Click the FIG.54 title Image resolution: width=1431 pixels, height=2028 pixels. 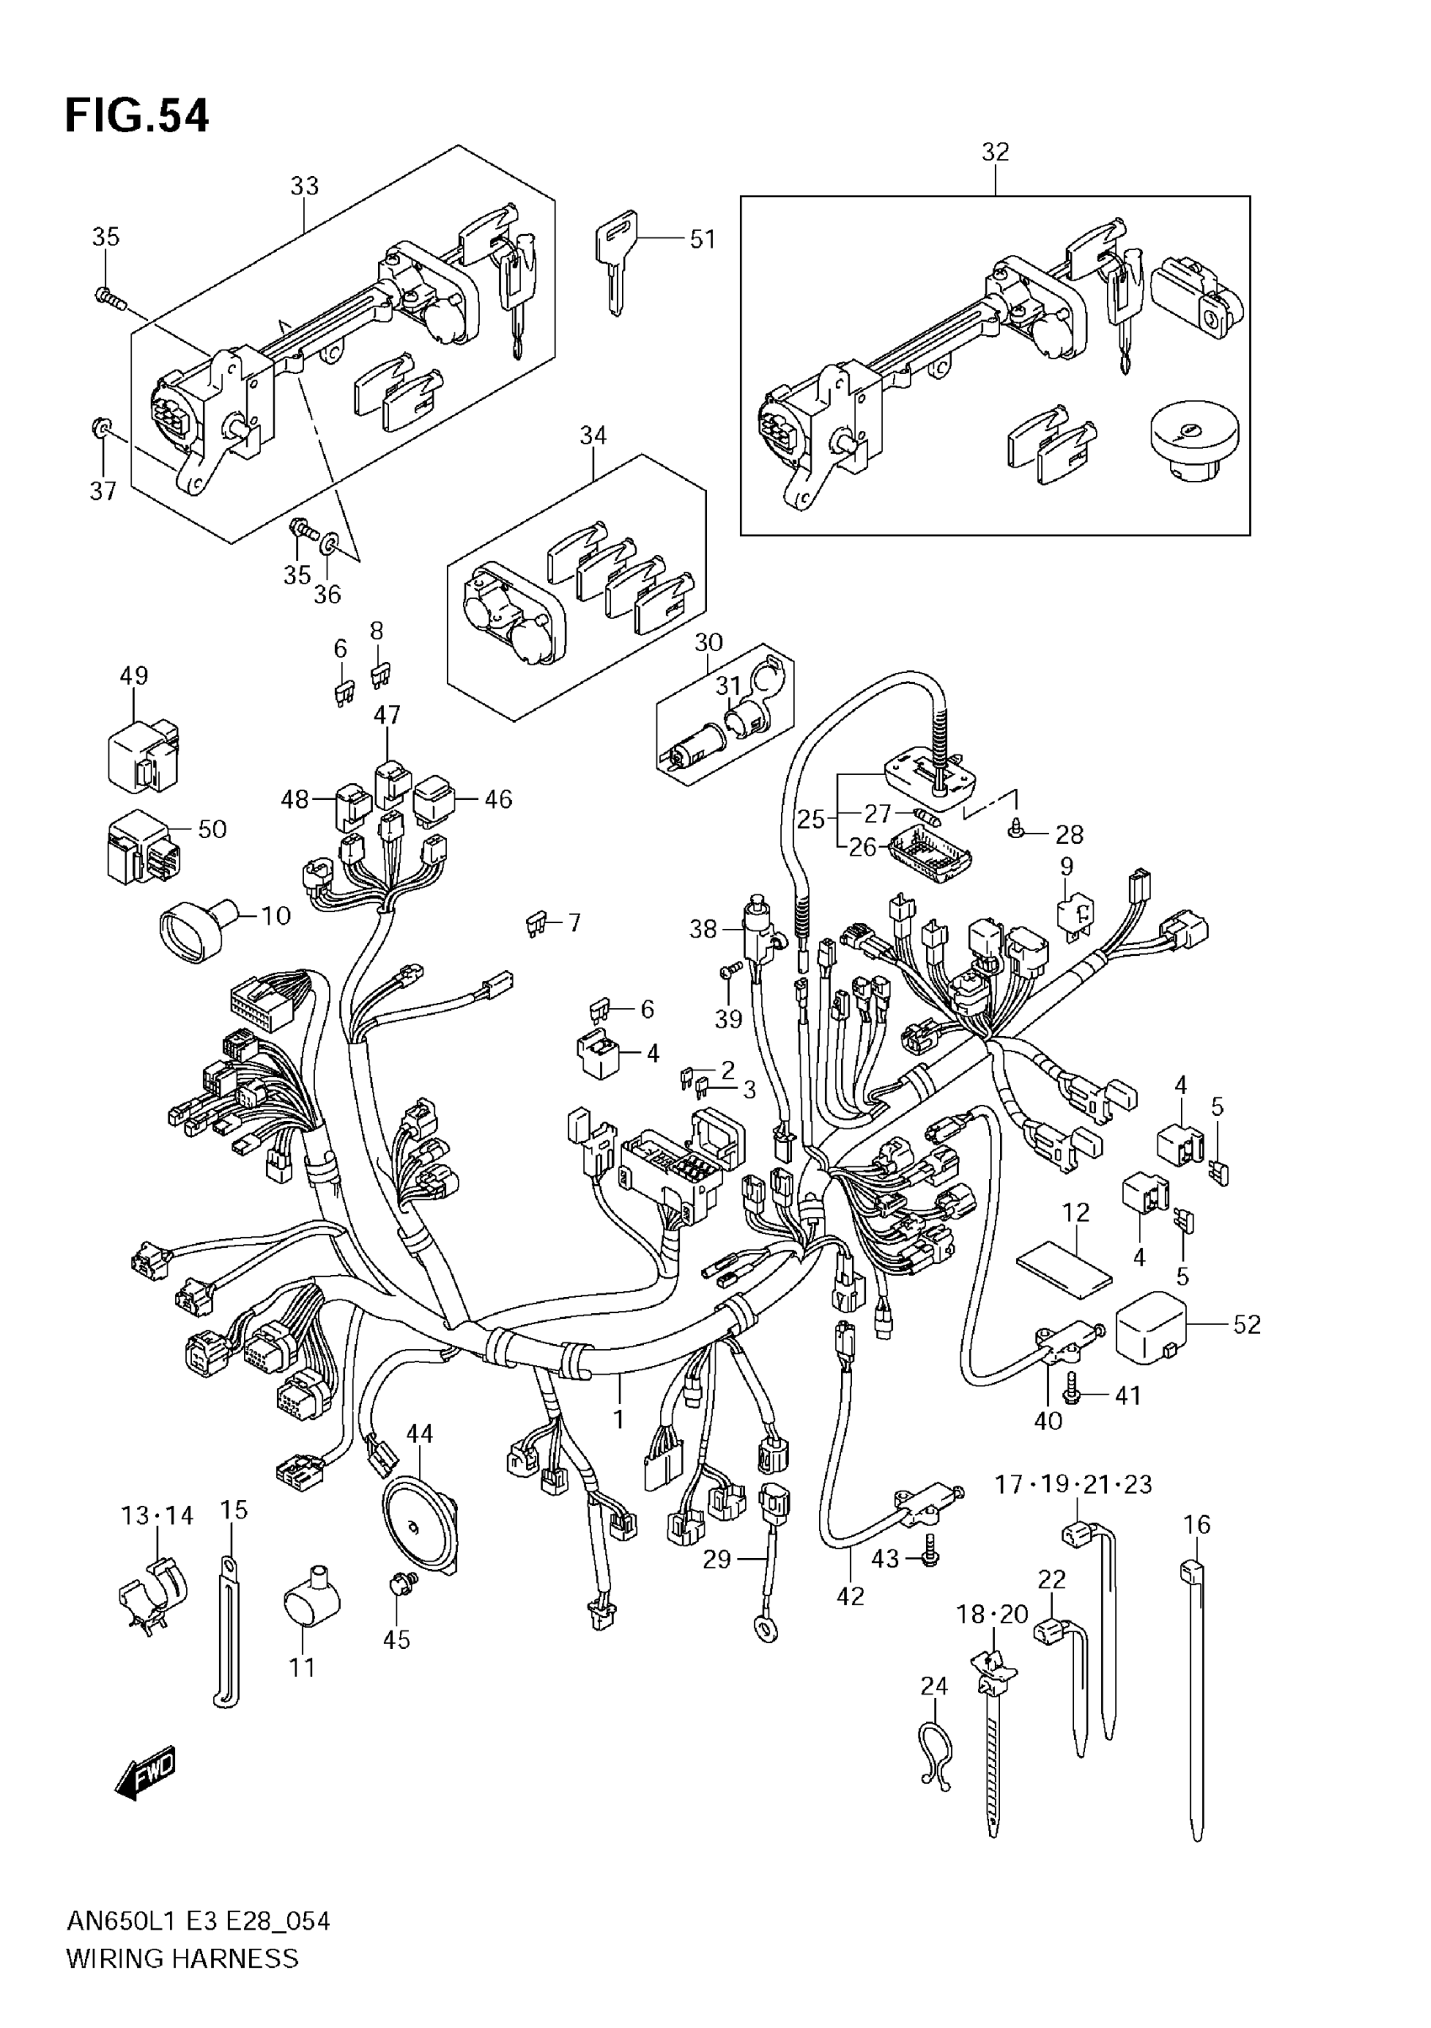click(x=137, y=116)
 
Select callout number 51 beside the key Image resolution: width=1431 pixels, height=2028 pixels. click(x=703, y=239)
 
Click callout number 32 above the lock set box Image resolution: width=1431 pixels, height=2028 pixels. click(x=995, y=152)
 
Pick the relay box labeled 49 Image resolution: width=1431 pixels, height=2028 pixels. click(x=141, y=753)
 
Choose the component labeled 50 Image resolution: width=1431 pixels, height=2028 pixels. click(x=144, y=846)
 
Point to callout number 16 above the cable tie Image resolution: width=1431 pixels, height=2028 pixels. click(x=1196, y=1524)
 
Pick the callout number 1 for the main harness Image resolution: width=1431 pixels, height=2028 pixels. click(x=619, y=1419)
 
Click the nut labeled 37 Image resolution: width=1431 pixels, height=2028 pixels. click(x=101, y=430)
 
